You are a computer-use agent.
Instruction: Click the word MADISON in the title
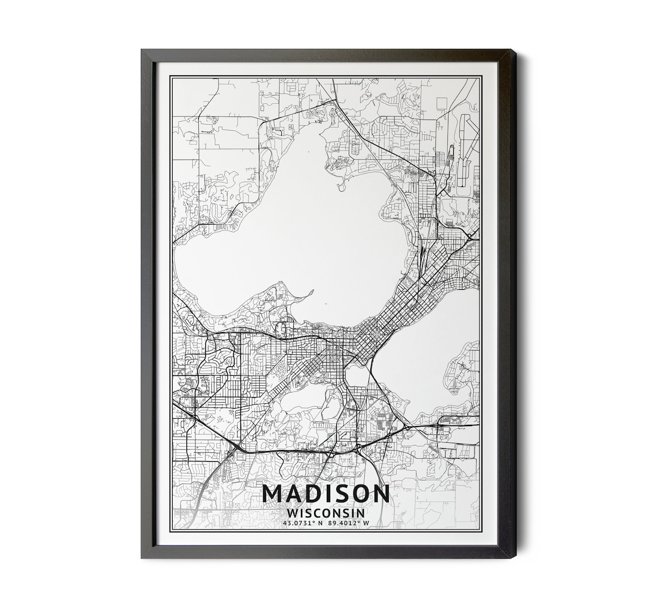pos(325,494)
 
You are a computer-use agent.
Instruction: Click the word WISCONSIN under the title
pos(325,513)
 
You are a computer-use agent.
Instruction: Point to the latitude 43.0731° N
pos(303,523)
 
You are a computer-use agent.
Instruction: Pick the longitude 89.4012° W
pos(349,523)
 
